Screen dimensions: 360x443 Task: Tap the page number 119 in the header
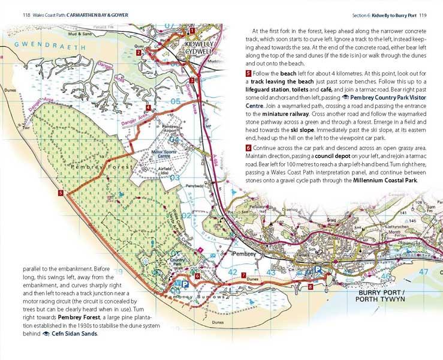423,15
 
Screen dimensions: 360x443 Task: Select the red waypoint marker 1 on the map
192,30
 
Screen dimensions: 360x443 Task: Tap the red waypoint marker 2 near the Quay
138,52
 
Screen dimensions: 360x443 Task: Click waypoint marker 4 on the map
147,108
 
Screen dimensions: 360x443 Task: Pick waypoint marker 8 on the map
310,287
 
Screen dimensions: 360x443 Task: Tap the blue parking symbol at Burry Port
318,271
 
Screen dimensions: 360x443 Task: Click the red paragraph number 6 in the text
248,148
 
